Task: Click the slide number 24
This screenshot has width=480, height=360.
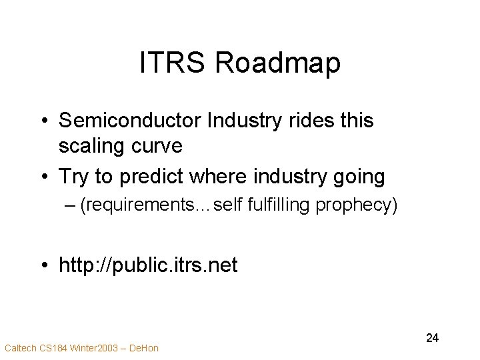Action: [x=432, y=338]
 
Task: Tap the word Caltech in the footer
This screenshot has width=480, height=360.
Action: [x=19, y=348]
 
